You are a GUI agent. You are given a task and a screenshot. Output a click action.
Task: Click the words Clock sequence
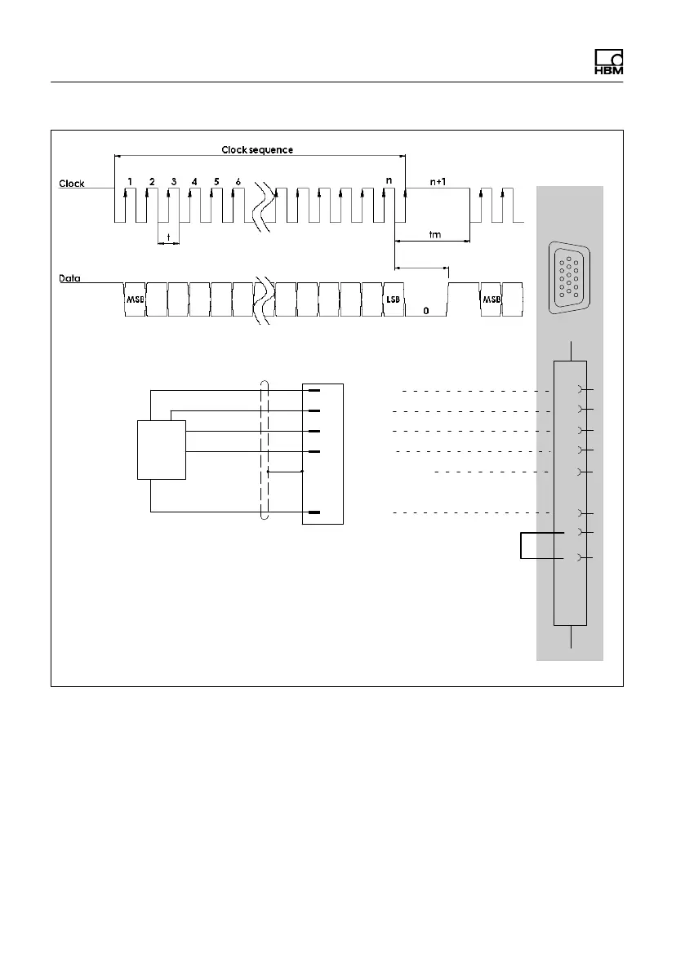257,150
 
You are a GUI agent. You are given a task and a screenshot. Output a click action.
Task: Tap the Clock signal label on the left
71,184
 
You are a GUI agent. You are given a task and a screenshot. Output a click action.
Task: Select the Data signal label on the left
70,277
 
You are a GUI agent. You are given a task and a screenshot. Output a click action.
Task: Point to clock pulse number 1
130,181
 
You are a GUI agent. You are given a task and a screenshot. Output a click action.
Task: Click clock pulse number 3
173,181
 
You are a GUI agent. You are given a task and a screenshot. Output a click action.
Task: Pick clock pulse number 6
238,181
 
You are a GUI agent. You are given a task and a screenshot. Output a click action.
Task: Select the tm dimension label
435,234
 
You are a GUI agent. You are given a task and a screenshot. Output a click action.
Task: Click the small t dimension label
168,237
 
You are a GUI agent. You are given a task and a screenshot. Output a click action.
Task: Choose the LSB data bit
393,300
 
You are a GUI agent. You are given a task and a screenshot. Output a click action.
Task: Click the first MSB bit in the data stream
134,300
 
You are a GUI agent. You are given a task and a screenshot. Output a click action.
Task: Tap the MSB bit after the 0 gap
490,300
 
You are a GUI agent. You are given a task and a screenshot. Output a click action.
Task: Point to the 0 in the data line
425,311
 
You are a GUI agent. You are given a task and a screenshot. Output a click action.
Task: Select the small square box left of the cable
162,450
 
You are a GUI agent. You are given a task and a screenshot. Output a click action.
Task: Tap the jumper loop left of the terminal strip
520,545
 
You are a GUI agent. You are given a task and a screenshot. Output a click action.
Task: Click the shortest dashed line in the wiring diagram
490,472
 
